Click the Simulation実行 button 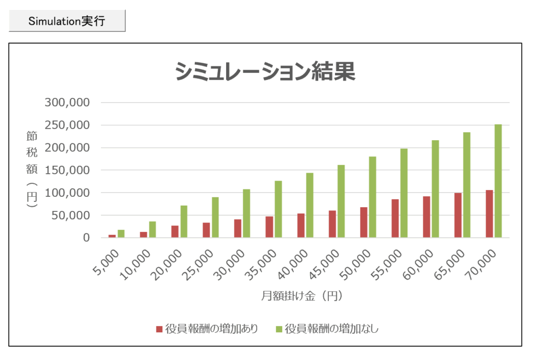67,21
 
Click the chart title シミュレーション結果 265,72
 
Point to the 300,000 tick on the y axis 68,103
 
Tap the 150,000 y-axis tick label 68,170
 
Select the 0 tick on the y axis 87,238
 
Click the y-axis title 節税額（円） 32,170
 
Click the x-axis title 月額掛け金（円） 302,296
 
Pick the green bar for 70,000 498,181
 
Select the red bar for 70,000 489,214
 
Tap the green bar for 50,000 373,197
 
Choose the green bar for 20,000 184,221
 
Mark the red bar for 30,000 237,228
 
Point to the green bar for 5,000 121,233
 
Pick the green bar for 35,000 278,209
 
